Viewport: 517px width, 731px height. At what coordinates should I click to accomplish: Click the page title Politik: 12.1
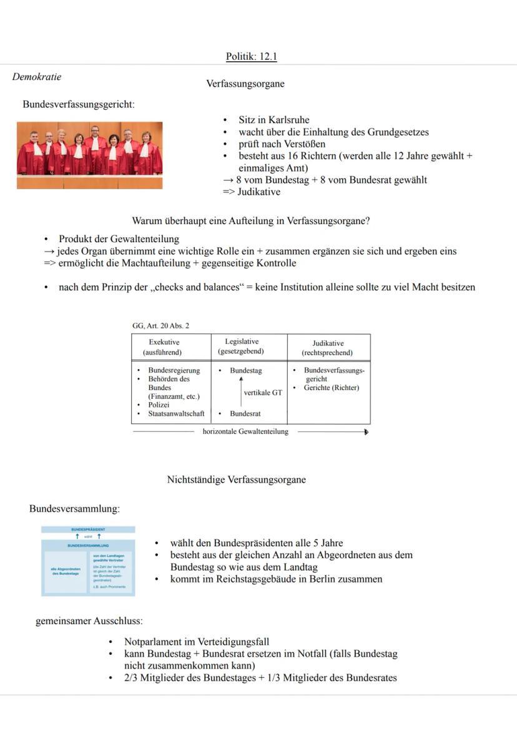(x=252, y=57)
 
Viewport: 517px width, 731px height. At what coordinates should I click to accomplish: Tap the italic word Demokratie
(x=37, y=77)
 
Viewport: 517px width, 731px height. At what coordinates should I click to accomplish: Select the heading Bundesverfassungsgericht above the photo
(x=79, y=104)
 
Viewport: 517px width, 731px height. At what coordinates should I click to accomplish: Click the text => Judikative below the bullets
(x=252, y=192)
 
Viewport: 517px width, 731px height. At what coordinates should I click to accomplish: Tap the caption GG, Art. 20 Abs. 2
(x=160, y=326)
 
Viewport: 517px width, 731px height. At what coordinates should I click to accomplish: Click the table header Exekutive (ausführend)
(x=164, y=347)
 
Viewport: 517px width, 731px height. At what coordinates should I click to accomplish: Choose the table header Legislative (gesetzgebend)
(x=241, y=346)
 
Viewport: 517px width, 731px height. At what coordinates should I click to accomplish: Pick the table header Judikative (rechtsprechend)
(x=328, y=348)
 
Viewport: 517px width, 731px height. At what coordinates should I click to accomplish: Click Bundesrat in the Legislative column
(x=245, y=413)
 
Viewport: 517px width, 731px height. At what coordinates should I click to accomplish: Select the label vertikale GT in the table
(x=262, y=393)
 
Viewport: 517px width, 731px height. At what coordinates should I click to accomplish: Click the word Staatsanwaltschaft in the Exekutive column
(x=176, y=413)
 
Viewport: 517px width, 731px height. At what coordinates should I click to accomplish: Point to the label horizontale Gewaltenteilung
(x=245, y=431)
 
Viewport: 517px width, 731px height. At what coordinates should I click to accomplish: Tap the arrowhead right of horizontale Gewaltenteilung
(x=366, y=431)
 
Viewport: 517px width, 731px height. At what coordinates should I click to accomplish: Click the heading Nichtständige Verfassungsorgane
(x=236, y=479)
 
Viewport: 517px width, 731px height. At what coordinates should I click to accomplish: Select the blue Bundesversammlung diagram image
(x=88, y=561)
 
